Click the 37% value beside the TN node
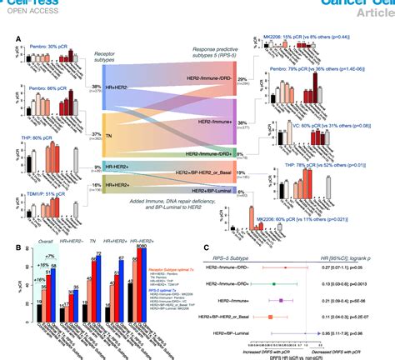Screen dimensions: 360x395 pyautogui.click(x=97, y=133)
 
